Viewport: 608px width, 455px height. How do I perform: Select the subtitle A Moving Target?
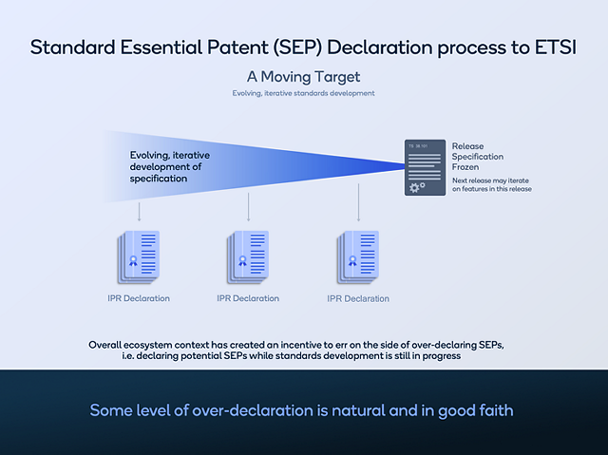click(x=303, y=76)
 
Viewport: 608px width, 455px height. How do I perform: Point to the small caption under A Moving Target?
click(x=303, y=93)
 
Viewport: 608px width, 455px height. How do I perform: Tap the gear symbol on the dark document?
click(x=415, y=187)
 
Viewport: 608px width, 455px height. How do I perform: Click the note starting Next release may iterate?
click(x=491, y=184)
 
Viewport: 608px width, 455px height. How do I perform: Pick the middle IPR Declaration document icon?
click(x=249, y=256)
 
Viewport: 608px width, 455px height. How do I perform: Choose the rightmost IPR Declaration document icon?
click(x=358, y=256)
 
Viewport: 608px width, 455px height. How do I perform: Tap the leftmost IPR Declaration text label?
click(x=139, y=298)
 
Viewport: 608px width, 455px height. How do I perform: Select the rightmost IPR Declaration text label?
click(x=358, y=298)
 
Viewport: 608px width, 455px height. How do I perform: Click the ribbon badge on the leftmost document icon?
click(x=133, y=260)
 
